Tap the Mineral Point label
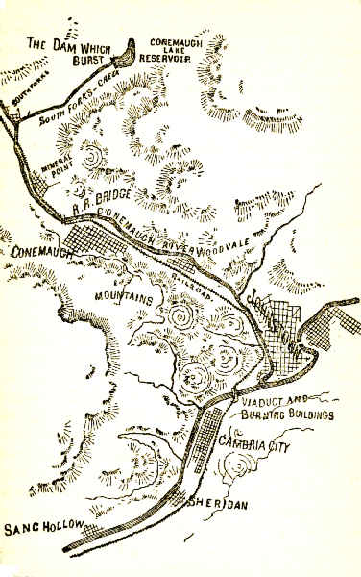click(55, 172)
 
